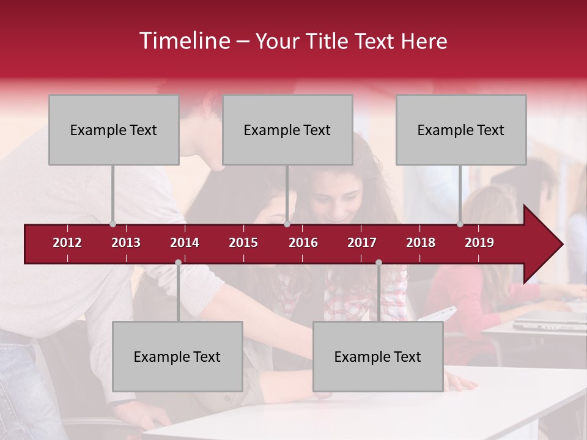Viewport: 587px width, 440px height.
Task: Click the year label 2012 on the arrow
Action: [67, 243]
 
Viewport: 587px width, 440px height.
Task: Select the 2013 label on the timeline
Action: [126, 243]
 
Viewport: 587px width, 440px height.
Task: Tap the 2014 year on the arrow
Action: [185, 243]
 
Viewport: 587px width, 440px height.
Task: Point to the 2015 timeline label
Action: [243, 243]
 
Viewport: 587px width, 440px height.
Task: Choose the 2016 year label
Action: [303, 243]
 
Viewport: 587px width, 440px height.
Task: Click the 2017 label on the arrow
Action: [362, 243]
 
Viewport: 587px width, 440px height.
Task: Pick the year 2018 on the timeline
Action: [421, 243]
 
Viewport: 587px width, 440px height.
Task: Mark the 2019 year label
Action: [479, 243]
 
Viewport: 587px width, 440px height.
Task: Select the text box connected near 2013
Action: [114, 130]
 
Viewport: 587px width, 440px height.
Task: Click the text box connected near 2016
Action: [287, 130]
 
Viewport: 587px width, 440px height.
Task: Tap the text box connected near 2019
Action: [461, 130]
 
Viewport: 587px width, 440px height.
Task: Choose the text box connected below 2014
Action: [177, 356]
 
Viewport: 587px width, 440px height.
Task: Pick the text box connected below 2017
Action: [378, 356]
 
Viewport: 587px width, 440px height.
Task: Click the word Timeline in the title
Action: [184, 41]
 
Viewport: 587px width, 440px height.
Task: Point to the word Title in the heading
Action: [331, 41]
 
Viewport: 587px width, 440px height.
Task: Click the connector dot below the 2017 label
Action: [378, 263]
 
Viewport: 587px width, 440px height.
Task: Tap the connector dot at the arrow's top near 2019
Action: [460, 224]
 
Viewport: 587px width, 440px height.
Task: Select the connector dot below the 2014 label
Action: [178, 263]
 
